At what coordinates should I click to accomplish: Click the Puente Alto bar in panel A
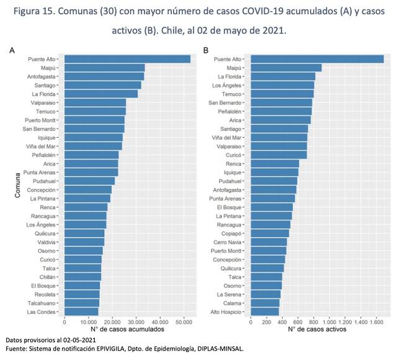click(x=127, y=59)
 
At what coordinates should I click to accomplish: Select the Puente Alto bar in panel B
click(x=317, y=59)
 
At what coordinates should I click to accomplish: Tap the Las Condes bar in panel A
click(x=81, y=311)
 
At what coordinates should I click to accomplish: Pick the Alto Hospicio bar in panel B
click(x=265, y=311)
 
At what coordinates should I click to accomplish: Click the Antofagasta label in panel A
click(x=43, y=76)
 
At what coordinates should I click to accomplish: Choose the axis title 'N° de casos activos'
click(x=318, y=330)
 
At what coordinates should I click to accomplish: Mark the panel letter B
click(x=206, y=50)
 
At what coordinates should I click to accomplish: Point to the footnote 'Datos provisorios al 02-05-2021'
click(x=50, y=341)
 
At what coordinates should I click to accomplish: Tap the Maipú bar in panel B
click(x=286, y=68)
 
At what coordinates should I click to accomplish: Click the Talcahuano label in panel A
click(x=43, y=302)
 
